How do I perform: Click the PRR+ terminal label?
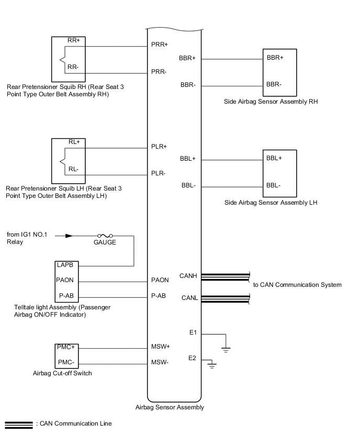[160, 45]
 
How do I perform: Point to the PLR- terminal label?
[159, 173]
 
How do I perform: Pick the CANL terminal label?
[188, 298]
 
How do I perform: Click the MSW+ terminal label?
[160, 346]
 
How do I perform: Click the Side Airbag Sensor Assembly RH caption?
[270, 102]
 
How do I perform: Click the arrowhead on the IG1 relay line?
[69, 236]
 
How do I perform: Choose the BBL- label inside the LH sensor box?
[274, 185]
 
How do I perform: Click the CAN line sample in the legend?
[18, 423]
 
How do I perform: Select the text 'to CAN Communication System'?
[297, 285]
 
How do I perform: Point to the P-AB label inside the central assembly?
[159, 296]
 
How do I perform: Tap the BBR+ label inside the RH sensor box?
[275, 58]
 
